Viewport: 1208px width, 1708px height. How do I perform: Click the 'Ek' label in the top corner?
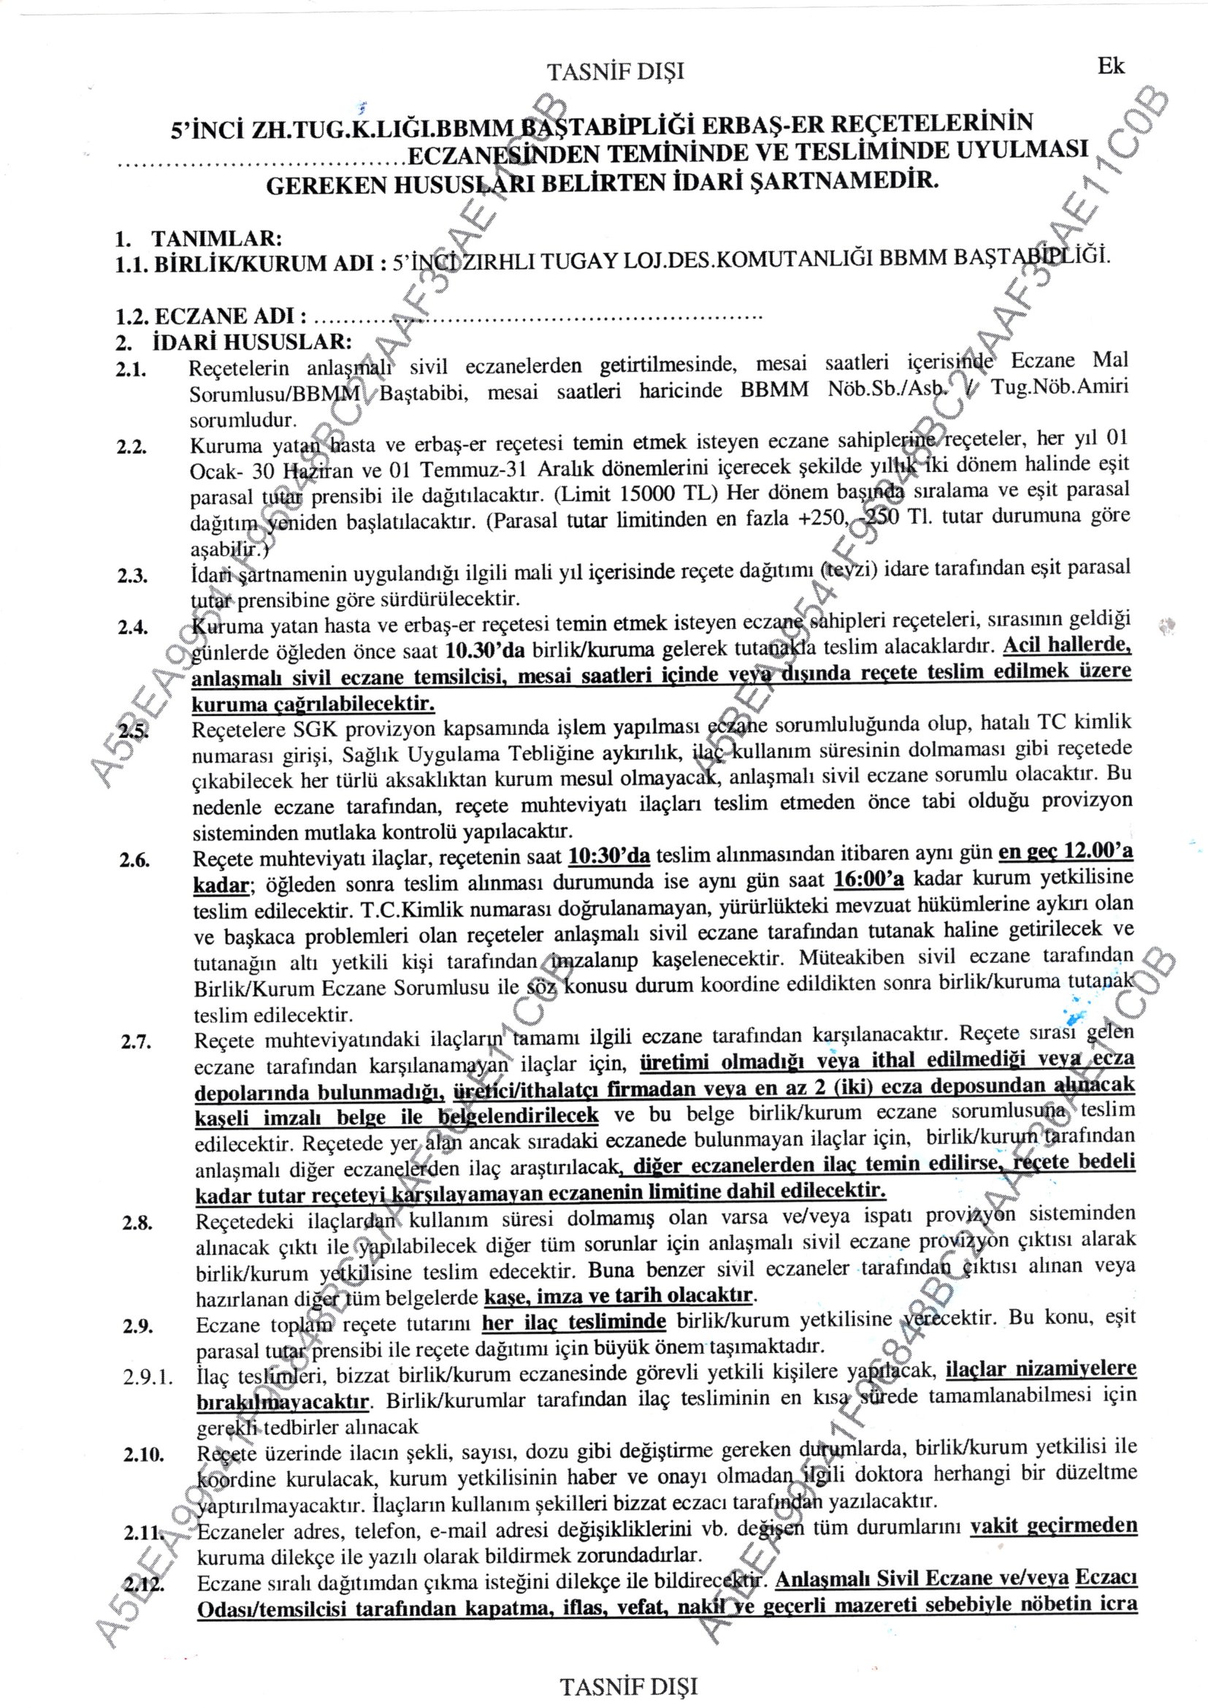click(1112, 66)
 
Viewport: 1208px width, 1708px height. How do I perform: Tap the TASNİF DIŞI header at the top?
click(614, 72)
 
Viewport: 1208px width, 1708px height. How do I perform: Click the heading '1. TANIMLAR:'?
click(198, 240)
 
